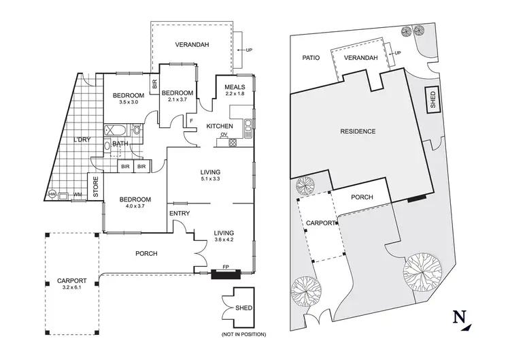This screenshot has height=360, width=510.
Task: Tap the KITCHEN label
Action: click(x=219, y=127)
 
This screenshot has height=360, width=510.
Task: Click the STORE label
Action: click(x=95, y=188)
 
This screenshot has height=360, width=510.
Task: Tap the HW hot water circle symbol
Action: click(x=52, y=195)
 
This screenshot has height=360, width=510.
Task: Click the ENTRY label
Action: click(x=180, y=214)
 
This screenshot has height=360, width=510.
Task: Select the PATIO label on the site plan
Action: click(x=311, y=58)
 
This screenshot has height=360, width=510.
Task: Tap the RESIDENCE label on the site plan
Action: click(x=357, y=131)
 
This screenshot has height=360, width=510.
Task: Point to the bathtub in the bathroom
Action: click(x=116, y=129)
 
